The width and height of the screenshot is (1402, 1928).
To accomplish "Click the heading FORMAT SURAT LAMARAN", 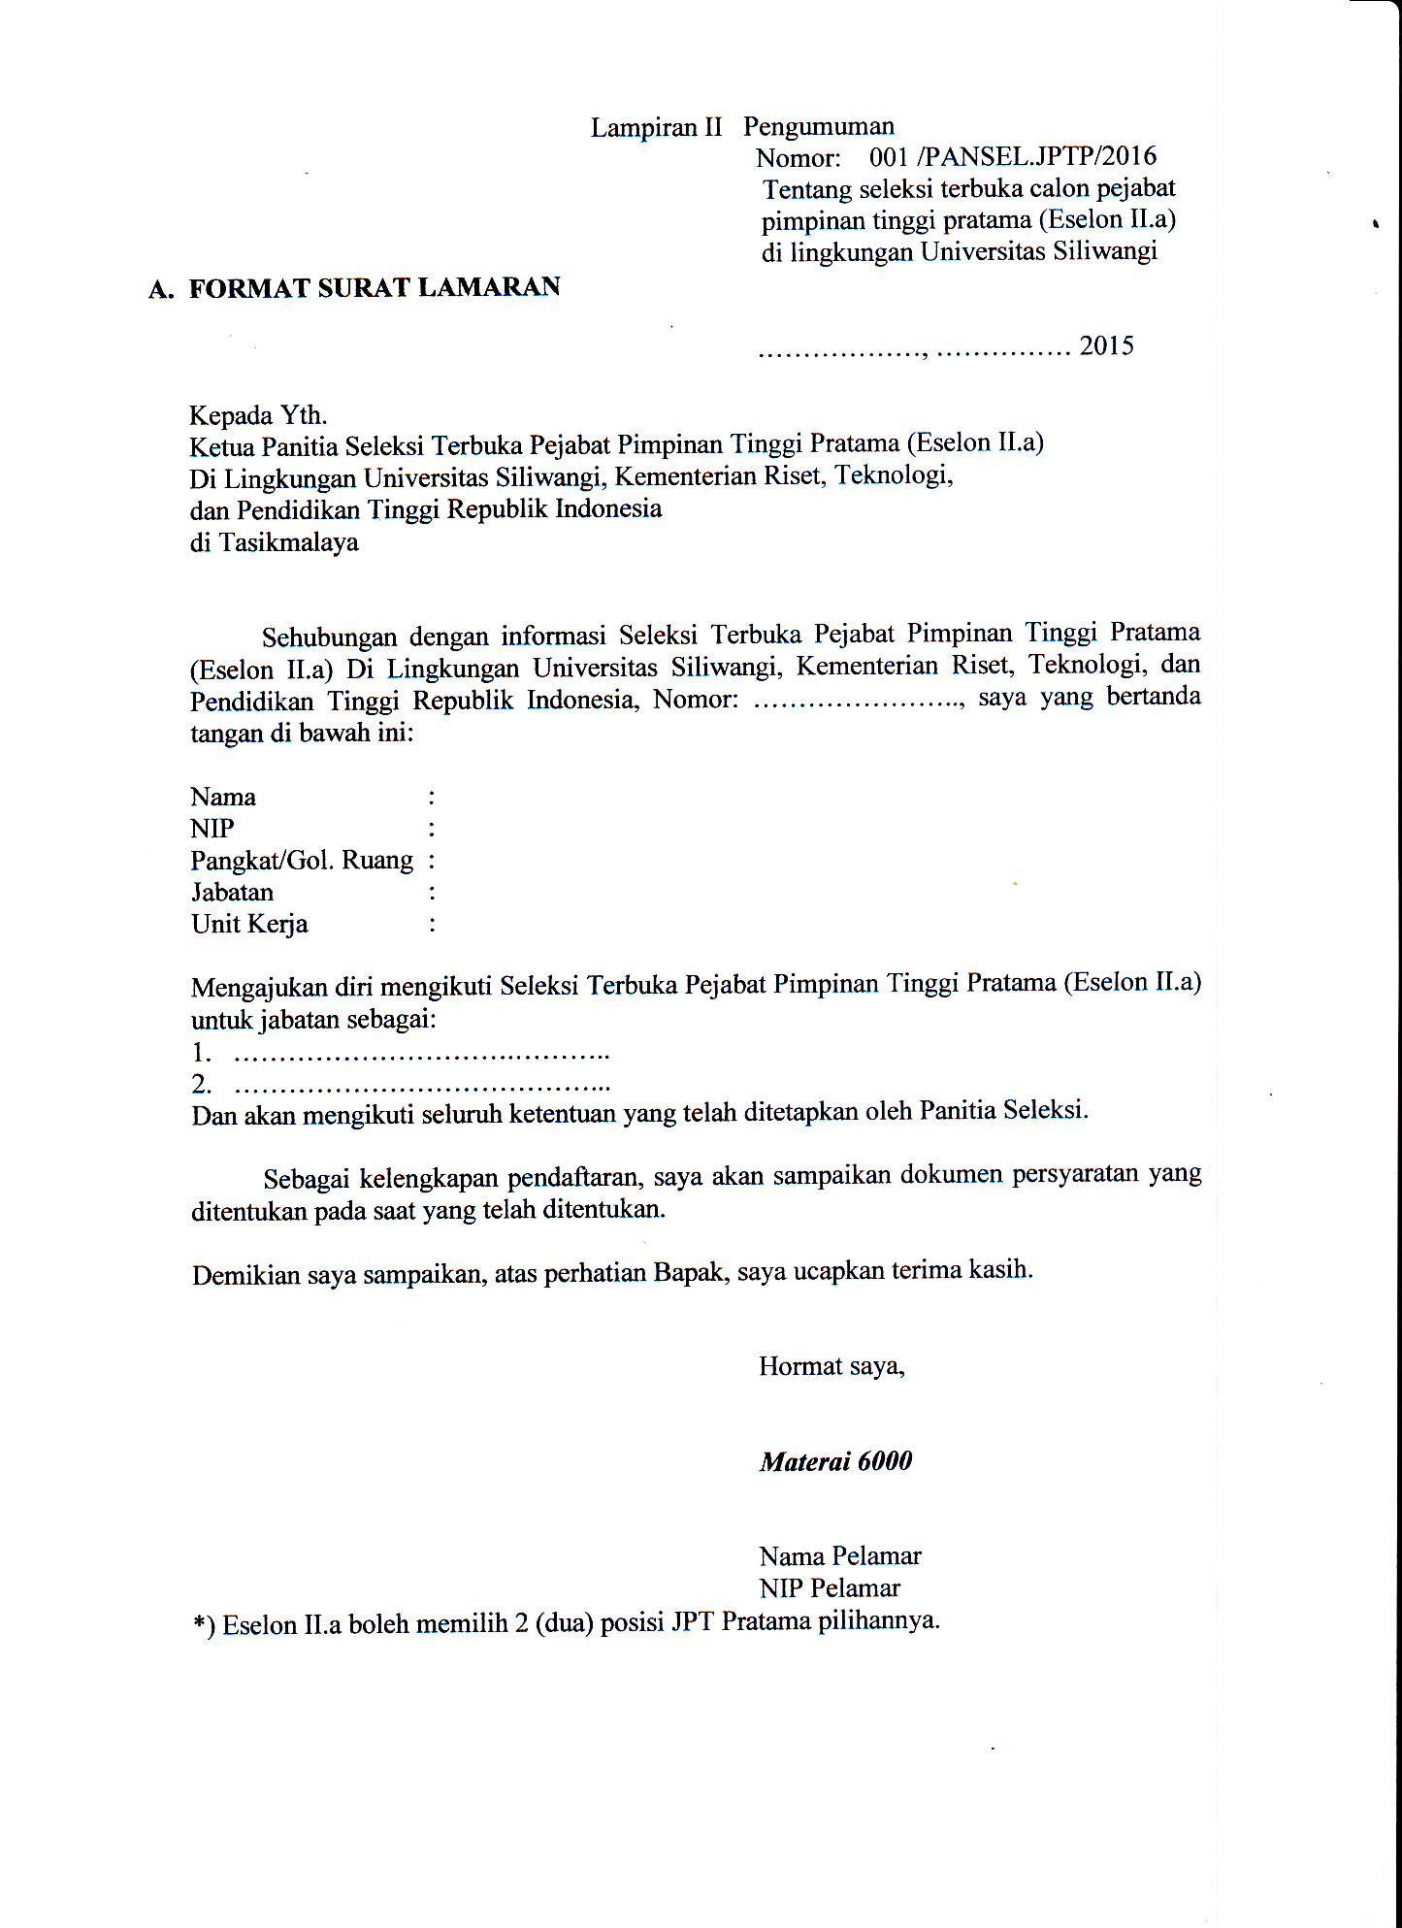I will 374,288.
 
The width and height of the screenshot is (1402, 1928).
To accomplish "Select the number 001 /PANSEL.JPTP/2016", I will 1012,156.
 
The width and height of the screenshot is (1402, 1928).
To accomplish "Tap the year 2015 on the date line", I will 1106,346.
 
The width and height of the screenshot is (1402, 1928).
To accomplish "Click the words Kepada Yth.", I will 258,415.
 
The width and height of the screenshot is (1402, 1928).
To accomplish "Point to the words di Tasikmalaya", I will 274,542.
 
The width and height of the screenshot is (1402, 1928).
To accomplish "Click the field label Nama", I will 223,798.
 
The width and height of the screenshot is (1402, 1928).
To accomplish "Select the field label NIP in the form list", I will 212,829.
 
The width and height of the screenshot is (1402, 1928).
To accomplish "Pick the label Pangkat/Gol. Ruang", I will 302,861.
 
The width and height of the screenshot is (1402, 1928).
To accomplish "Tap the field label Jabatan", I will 232,893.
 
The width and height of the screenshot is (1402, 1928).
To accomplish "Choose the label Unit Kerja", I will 249,924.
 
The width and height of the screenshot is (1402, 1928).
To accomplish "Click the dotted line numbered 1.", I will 421,1054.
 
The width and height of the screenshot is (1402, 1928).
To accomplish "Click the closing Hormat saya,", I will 831,1367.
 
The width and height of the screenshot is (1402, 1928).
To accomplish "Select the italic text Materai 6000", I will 835,1462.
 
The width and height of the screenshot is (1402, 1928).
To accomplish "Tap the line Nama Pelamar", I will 840,1556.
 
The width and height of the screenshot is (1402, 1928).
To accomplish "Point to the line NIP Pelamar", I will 830,1588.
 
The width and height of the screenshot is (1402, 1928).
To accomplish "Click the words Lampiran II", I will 657,128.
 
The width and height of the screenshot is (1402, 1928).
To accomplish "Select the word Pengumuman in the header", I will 819,126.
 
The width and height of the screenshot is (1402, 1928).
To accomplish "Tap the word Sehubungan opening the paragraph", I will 330,637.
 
